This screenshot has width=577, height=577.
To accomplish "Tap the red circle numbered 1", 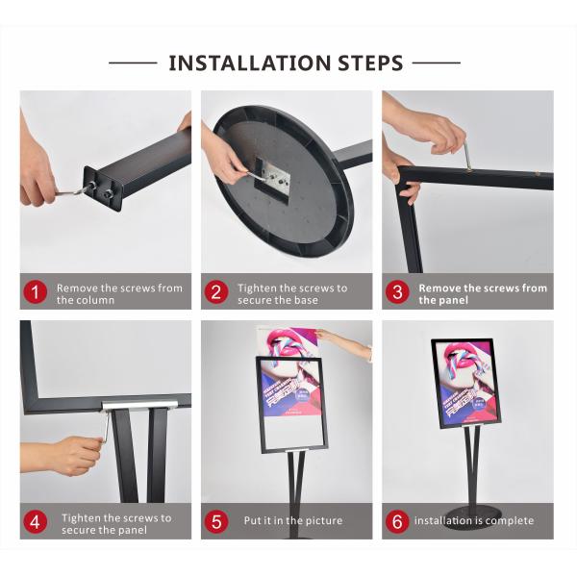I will (35, 293).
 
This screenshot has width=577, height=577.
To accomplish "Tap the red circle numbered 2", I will (216, 293).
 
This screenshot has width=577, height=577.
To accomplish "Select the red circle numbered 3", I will (397, 293).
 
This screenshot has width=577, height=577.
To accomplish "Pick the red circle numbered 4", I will (35, 522).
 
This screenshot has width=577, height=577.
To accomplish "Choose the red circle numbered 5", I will (216, 522).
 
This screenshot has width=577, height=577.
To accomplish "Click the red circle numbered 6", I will (397, 522).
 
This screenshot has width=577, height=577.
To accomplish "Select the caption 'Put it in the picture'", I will (292, 521).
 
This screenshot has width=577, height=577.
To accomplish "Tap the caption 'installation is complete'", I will (473, 521).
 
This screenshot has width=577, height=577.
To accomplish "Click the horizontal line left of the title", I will (133, 63).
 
